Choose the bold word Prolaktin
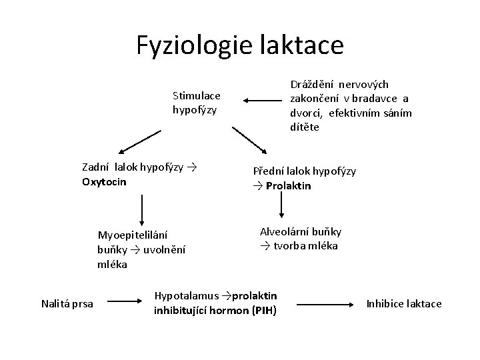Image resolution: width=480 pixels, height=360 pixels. [x=288, y=185]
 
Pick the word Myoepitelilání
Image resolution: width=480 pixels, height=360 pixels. [x=133, y=235]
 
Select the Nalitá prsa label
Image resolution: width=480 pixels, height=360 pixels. [x=67, y=304]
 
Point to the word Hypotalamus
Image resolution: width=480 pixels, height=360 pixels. [x=187, y=295]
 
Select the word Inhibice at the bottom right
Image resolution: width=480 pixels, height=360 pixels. [x=386, y=304]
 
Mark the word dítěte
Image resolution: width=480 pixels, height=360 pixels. [x=304, y=126]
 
